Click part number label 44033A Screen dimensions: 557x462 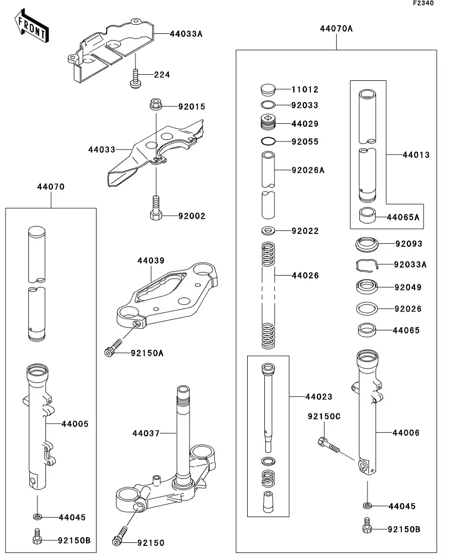tap(186, 34)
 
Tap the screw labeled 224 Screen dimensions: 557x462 tap(135, 78)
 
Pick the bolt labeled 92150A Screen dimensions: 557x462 tap(113, 348)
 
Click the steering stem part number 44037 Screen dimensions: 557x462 tap(146, 433)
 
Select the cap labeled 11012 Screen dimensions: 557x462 tap(269, 90)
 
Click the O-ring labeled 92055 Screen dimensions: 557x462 tap(269, 141)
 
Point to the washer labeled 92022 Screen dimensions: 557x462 tap(269, 231)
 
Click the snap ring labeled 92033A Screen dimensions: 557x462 tap(366, 265)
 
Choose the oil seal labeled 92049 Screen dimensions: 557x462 tap(366, 287)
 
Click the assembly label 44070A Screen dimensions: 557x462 tap(336, 29)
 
